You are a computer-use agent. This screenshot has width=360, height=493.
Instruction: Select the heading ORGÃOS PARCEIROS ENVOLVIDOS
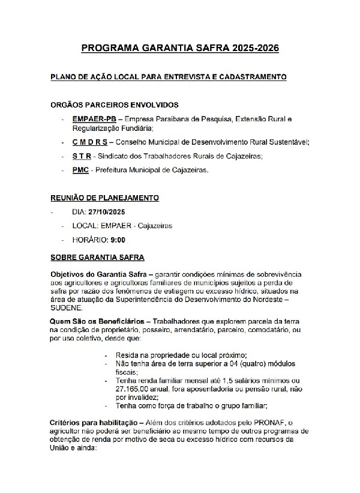pyautogui.click(x=114, y=105)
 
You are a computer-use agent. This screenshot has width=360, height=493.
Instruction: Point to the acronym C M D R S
pyautogui.click(x=89, y=142)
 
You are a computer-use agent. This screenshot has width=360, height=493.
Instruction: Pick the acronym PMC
pyautogui.click(x=80, y=171)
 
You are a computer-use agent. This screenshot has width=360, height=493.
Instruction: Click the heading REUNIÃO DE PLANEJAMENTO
pyautogui.click(x=104, y=198)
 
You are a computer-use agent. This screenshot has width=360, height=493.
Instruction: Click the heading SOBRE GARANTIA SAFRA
pyautogui.click(x=97, y=258)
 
